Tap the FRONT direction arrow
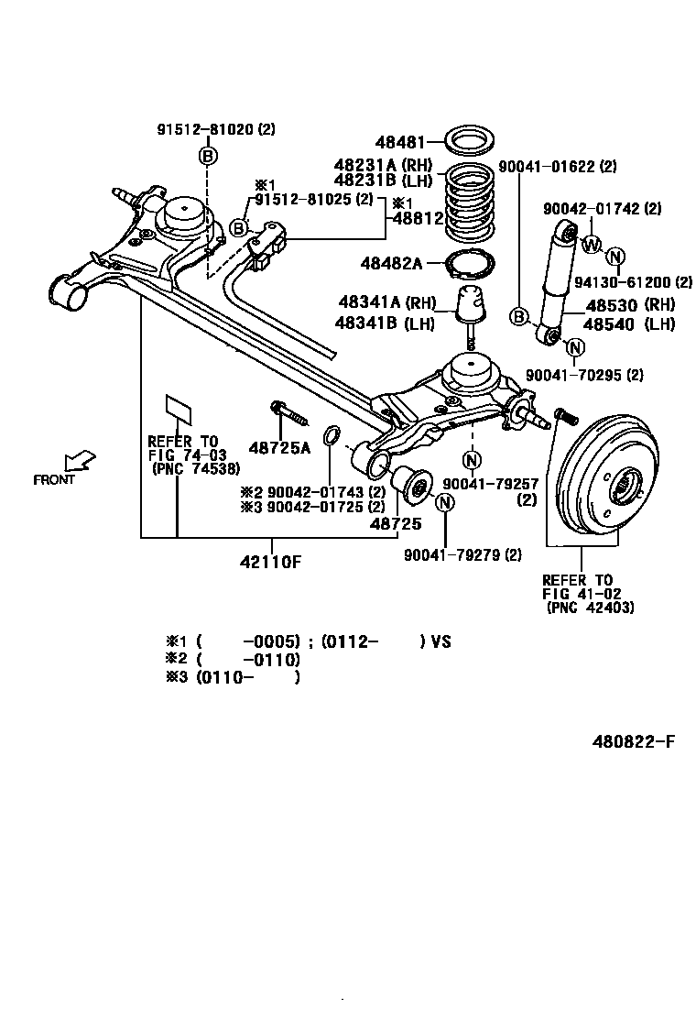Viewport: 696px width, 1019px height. click(81, 458)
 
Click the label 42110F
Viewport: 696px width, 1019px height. click(272, 562)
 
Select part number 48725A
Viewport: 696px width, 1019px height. click(279, 447)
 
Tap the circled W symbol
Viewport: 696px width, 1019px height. click(591, 244)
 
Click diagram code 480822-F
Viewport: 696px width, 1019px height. click(632, 741)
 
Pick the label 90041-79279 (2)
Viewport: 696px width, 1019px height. click(462, 554)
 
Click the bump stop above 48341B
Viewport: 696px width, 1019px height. click(470, 308)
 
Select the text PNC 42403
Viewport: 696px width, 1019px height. click(590, 608)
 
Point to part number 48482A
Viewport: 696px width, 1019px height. click(391, 264)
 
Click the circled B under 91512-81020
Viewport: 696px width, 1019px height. click(207, 157)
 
